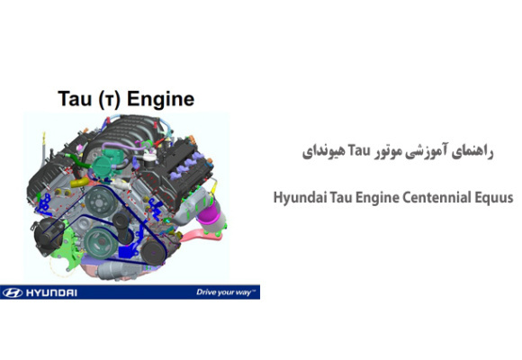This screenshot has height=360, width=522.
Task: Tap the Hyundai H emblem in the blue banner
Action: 13,292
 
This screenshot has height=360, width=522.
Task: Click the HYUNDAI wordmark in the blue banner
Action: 52,292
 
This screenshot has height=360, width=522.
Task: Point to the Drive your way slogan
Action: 226,292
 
